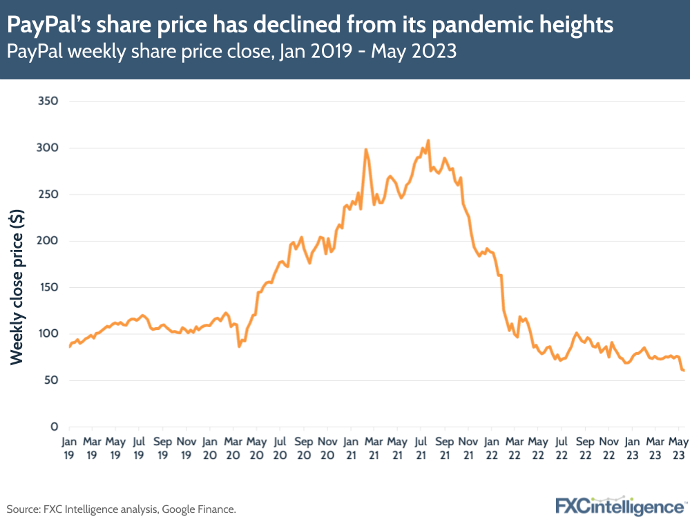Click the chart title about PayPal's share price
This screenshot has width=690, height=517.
coord(310,26)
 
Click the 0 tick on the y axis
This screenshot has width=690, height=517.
coord(53,427)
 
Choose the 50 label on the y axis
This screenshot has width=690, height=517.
coord(50,380)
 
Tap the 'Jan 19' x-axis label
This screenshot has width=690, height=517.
coord(69,447)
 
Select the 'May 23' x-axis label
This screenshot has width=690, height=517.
coord(679,447)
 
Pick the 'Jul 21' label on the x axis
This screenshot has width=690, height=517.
coord(421,447)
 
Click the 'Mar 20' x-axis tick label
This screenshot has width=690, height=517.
coord(233,447)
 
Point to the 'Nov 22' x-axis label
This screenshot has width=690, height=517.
coord(608,447)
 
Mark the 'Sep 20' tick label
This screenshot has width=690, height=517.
coord(303,447)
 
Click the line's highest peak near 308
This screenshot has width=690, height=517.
coord(428,140)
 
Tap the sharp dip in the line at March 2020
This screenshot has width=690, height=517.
coord(239,346)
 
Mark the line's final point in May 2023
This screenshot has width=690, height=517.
coord(683,371)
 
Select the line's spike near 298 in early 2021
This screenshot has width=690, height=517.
coord(366,149)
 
